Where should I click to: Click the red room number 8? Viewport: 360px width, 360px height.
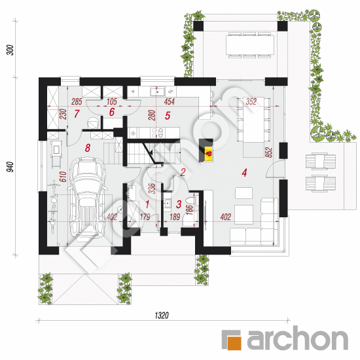88,148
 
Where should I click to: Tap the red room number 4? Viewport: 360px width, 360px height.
244,173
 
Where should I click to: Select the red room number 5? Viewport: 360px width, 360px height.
168,116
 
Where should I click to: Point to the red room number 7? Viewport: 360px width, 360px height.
77,114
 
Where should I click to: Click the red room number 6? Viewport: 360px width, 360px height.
112,112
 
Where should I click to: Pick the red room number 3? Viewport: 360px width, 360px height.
179,204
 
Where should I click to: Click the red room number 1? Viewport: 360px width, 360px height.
147,204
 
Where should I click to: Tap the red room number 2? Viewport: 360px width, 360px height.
183,172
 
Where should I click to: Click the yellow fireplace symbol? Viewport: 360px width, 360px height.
209,153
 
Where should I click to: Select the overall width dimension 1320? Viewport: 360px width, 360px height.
162,315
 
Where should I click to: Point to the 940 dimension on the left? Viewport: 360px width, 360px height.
10,167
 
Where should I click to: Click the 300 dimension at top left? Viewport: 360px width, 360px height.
10,50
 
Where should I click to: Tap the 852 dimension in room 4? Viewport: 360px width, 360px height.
268,153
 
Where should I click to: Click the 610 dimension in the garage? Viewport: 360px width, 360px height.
63,177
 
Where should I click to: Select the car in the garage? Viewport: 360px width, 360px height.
88,198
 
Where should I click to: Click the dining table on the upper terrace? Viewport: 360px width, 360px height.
250,45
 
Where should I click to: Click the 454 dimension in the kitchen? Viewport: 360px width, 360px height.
170,101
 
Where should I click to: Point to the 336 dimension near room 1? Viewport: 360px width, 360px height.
152,189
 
